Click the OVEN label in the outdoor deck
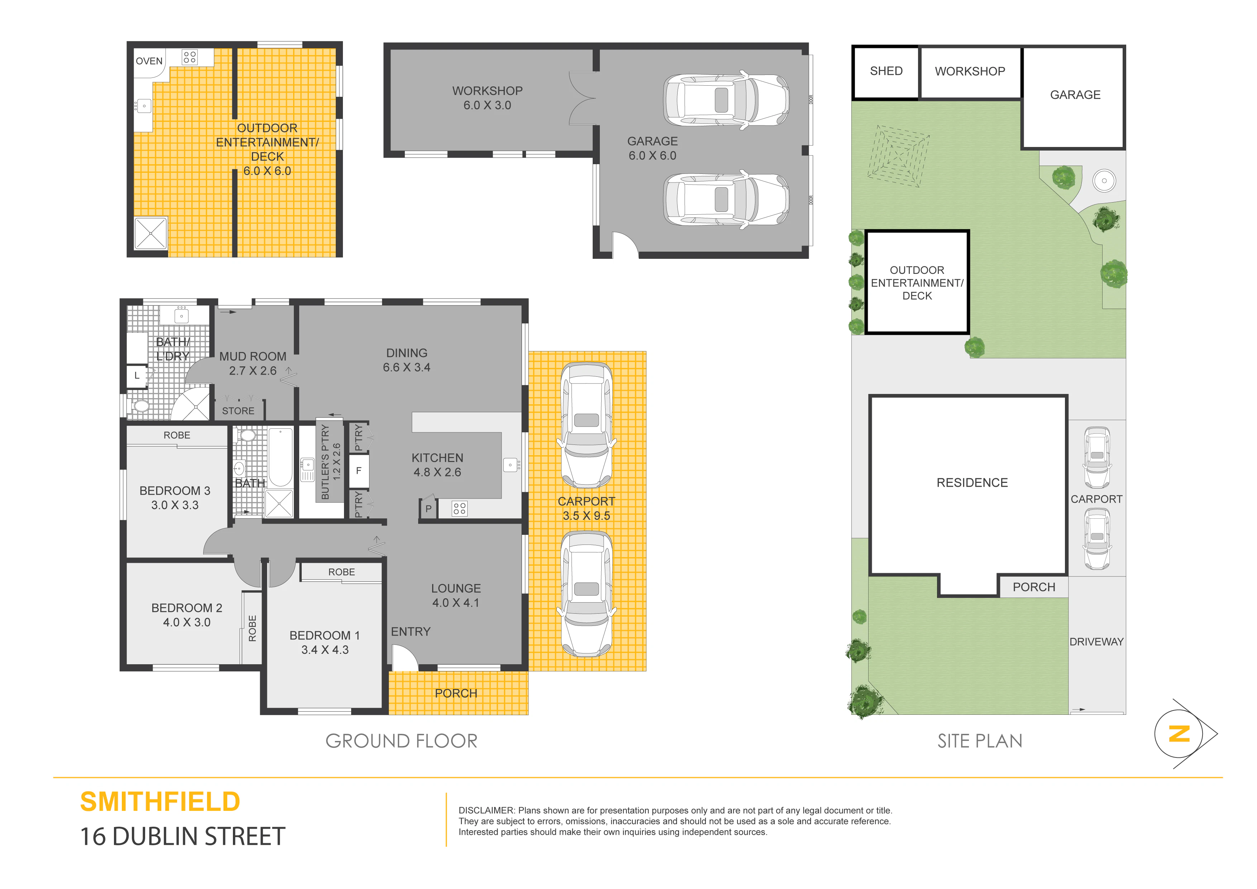[149, 61]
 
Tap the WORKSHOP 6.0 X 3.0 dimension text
[487, 105]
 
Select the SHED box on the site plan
[885, 72]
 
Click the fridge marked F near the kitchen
[359, 471]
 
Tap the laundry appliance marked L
[137, 376]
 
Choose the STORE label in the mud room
[238, 411]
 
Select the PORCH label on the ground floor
[456, 693]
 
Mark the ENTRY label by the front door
[411, 632]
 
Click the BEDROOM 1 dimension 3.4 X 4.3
[325, 650]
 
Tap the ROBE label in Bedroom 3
[177, 435]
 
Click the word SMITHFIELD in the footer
[160, 802]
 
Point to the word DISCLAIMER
[486, 810]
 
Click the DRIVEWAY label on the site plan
[1096, 641]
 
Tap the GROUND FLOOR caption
[401, 741]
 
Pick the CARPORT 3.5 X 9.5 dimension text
[586, 515]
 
